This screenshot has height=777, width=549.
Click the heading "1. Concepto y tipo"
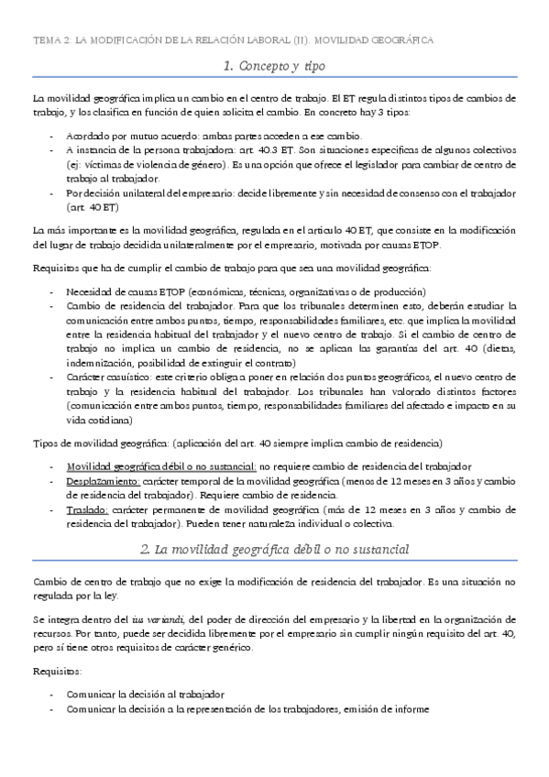[274, 66]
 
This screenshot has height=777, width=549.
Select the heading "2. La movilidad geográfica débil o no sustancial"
[274, 549]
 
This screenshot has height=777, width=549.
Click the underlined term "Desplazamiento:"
[103, 480]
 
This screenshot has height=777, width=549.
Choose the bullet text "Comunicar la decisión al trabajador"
[146, 695]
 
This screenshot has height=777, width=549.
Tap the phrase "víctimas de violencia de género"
[150, 164]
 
